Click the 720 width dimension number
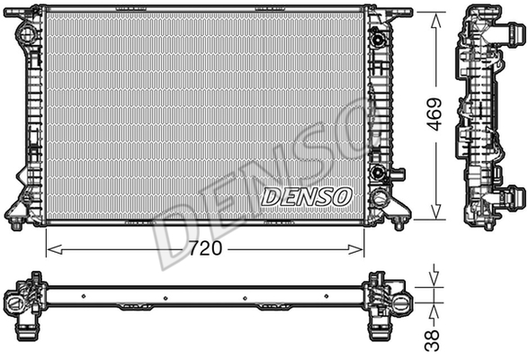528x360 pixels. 205,248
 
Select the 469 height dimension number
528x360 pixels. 434,114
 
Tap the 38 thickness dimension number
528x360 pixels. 432,340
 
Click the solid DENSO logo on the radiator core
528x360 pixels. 307,196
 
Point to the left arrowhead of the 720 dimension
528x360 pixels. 55,249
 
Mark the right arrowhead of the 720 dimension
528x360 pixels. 355,249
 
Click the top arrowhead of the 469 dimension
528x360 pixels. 435,20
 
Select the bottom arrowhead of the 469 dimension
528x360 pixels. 435,211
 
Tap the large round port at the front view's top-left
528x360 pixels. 28,33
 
